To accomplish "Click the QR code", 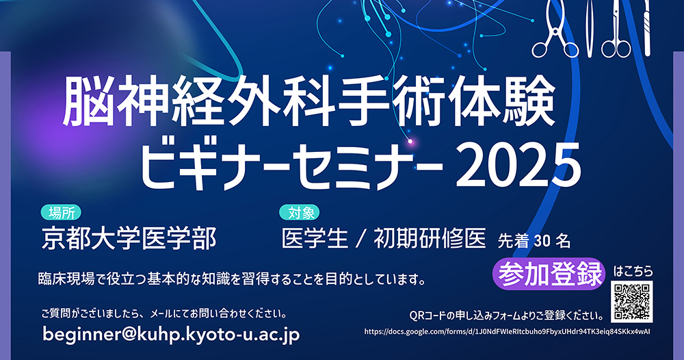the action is (631, 302).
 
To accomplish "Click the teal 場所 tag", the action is (61, 212).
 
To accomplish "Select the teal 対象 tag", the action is (300, 212).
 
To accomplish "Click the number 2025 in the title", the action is (518, 166).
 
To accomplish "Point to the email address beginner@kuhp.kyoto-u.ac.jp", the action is (171, 334).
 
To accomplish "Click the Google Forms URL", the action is (508, 332).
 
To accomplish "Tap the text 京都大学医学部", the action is (129, 238).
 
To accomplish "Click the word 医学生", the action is (315, 239).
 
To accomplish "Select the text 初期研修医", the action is (430, 239).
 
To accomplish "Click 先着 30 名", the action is (534, 241).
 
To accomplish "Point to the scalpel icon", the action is (646, 27).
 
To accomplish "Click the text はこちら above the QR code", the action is (633, 272).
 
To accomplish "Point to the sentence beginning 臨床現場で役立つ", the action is (232, 279).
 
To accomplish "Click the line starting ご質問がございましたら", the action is (164, 313).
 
